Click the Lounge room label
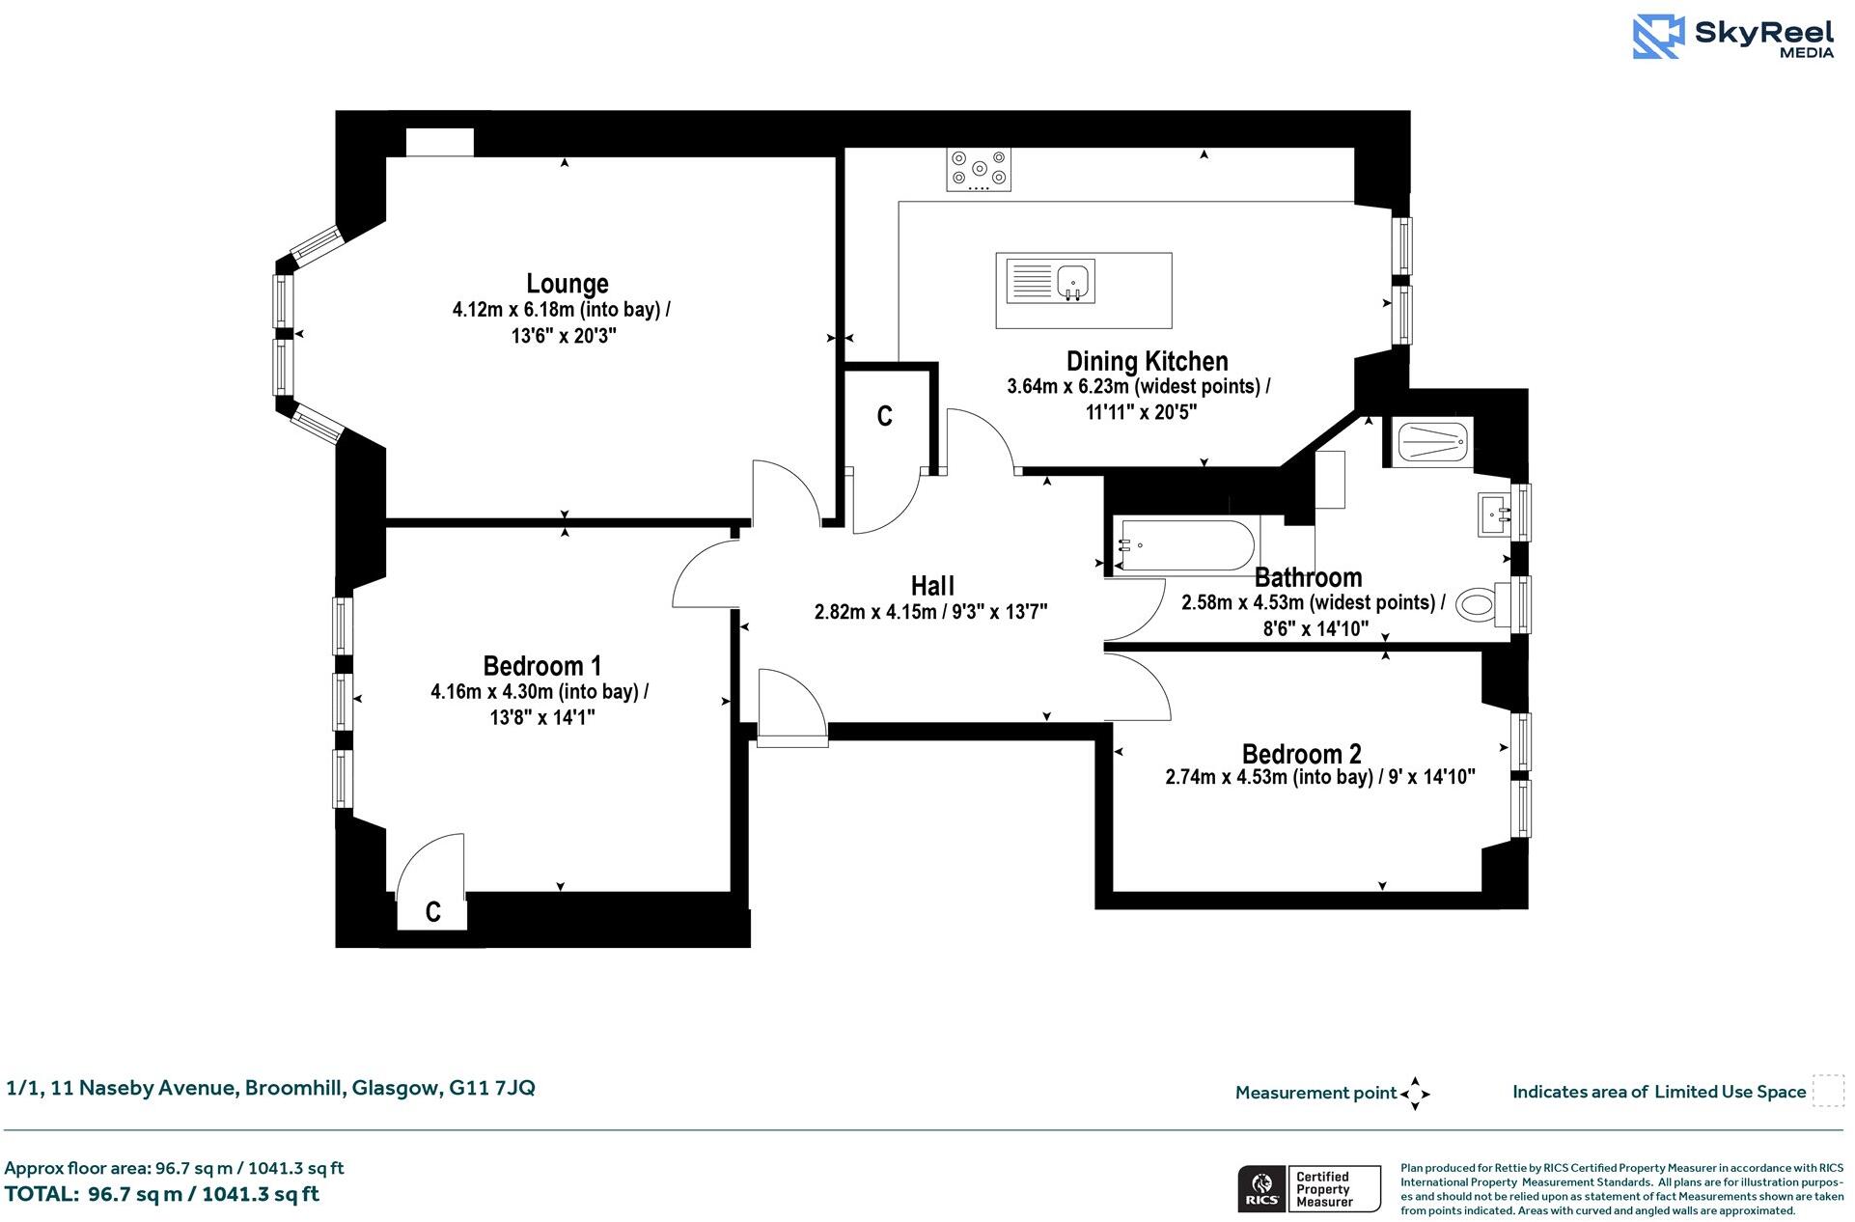pyautogui.click(x=567, y=284)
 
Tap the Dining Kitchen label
pyautogui.click(x=1147, y=361)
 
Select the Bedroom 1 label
pyautogui.click(x=541, y=666)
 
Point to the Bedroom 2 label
pyautogui.click(x=1301, y=754)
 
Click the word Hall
pyautogui.click(x=932, y=586)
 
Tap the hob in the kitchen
pyautogui.click(x=979, y=169)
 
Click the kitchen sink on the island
pyautogui.click(x=1073, y=281)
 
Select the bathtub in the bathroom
pyautogui.click(x=1185, y=546)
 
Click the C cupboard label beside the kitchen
pyautogui.click(x=884, y=416)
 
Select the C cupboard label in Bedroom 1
pyautogui.click(x=433, y=912)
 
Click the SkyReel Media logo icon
pyautogui.click(x=1658, y=37)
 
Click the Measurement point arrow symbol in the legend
pyautogui.click(x=1415, y=1094)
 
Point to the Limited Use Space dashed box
pyautogui.click(x=1827, y=1091)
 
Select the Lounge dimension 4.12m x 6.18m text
pyautogui.click(x=561, y=310)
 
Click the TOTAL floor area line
pyautogui.click(x=162, y=1194)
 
